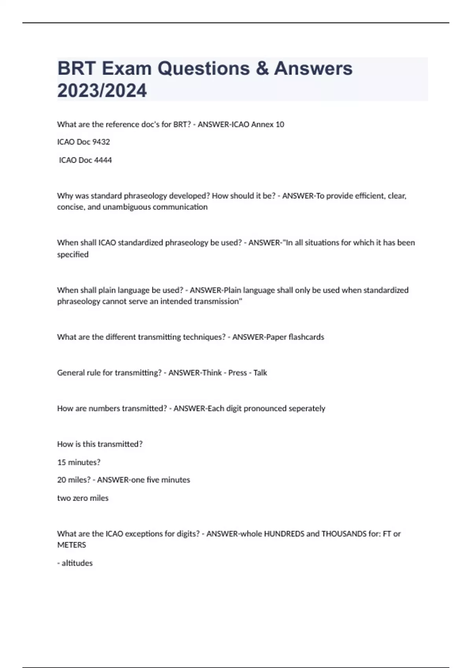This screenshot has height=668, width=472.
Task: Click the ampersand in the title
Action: pos(262,68)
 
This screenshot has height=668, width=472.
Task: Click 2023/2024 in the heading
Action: pos(102,91)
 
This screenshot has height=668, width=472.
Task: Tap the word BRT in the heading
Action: pos(76,68)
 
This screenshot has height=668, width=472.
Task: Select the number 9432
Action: pos(101,142)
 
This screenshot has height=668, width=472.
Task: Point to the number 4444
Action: pos(103,160)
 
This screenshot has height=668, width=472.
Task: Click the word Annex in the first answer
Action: pos(262,125)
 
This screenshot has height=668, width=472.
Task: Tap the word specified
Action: pos(73,255)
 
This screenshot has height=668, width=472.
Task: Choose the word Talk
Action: pos(260,373)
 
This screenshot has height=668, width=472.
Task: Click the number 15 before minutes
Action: pos(61,462)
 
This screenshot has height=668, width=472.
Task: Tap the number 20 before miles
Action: pos(62,480)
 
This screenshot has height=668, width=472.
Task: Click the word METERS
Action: pos(72,545)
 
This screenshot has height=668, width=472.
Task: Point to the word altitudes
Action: pos(77,563)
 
